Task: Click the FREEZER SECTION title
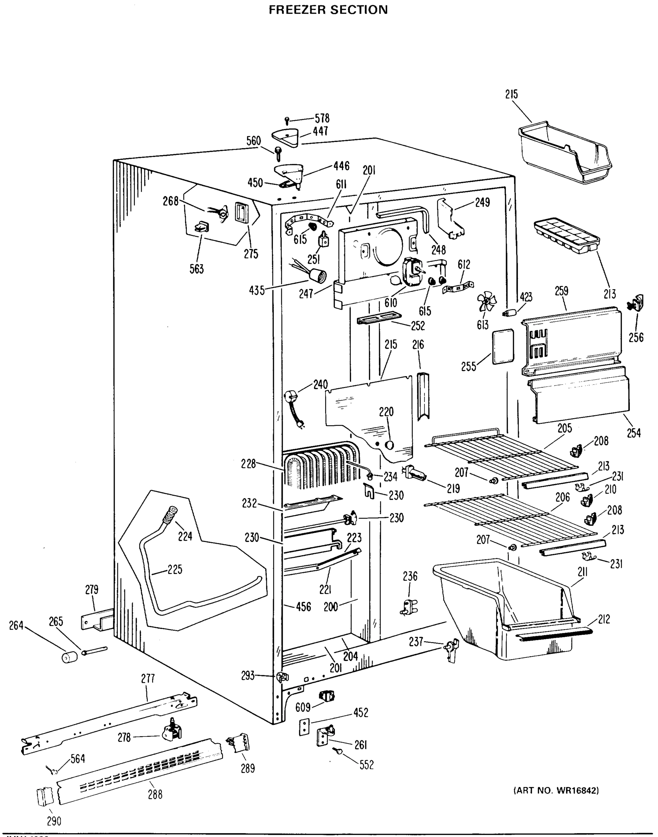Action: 328,9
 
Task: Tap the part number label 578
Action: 322,118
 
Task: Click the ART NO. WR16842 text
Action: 556,791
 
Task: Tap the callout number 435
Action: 257,290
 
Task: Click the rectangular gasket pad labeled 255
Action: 503,346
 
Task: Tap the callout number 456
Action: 303,606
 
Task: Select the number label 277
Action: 148,679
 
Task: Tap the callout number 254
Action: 634,433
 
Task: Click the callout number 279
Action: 92,589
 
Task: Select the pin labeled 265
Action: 94,651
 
